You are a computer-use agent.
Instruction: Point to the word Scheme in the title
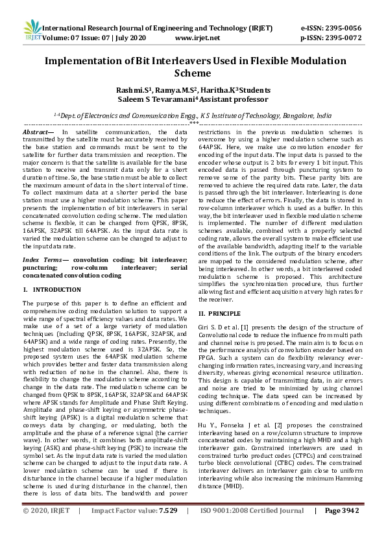(193, 74)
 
